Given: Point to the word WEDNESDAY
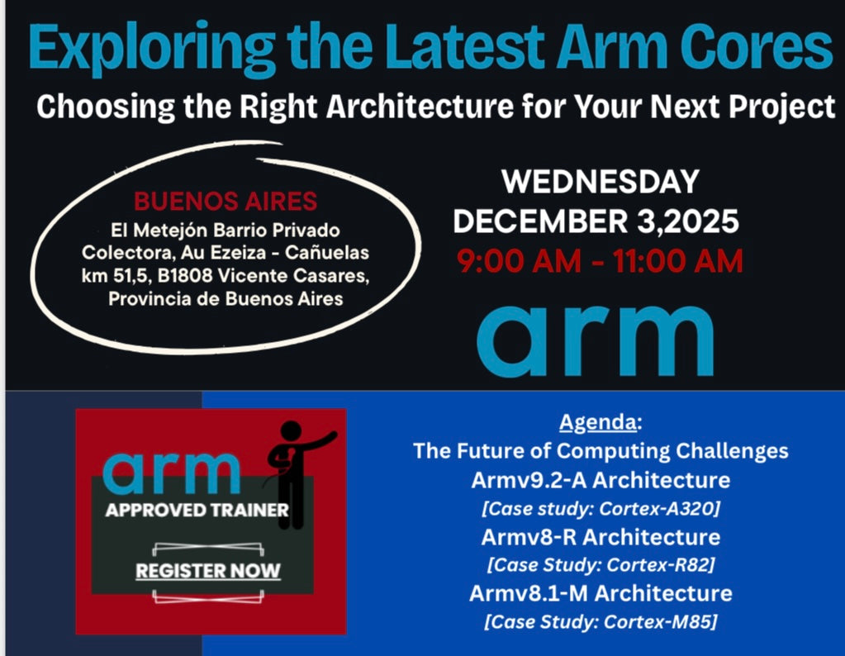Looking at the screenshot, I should [601, 182].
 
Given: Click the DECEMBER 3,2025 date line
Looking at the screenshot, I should [596, 221].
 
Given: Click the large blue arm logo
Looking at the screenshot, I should [595, 339].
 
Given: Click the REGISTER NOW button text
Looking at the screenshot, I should [208, 570].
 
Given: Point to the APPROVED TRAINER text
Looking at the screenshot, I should [197, 510].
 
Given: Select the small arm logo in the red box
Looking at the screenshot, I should [172, 471].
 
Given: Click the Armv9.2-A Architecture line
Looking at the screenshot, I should [601, 479].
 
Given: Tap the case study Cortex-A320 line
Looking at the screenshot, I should [601, 507].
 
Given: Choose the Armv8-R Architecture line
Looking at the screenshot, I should [601, 536].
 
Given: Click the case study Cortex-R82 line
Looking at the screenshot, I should [601, 565].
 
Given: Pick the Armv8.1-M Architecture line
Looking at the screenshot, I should [601, 593].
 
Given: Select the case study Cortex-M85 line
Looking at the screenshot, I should [601, 621].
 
